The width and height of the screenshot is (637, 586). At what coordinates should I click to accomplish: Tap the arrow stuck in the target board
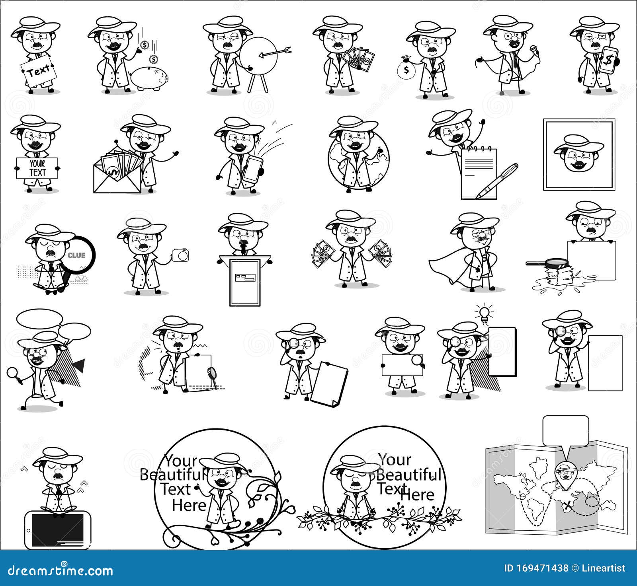[275, 51]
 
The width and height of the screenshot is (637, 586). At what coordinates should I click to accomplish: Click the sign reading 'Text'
[39, 71]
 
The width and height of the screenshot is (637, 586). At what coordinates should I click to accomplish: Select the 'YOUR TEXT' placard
[37, 168]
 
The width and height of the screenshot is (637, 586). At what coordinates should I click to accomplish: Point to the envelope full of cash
[117, 173]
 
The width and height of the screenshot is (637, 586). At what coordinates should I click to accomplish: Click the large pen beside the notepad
[498, 181]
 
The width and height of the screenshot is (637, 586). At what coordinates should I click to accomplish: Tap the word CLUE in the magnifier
[76, 255]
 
